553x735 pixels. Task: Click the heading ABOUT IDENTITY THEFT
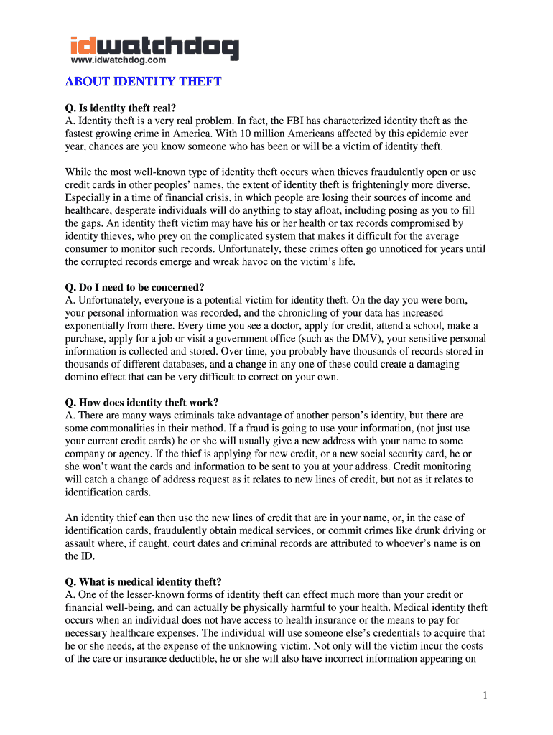pyautogui.click(x=143, y=82)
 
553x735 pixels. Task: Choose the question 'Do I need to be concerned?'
pyautogui.click(x=135, y=288)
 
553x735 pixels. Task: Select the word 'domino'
pyautogui.click(x=83, y=377)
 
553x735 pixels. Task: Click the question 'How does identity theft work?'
pyautogui.click(x=141, y=402)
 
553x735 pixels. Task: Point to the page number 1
pyautogui.click(x=485, y=696)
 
